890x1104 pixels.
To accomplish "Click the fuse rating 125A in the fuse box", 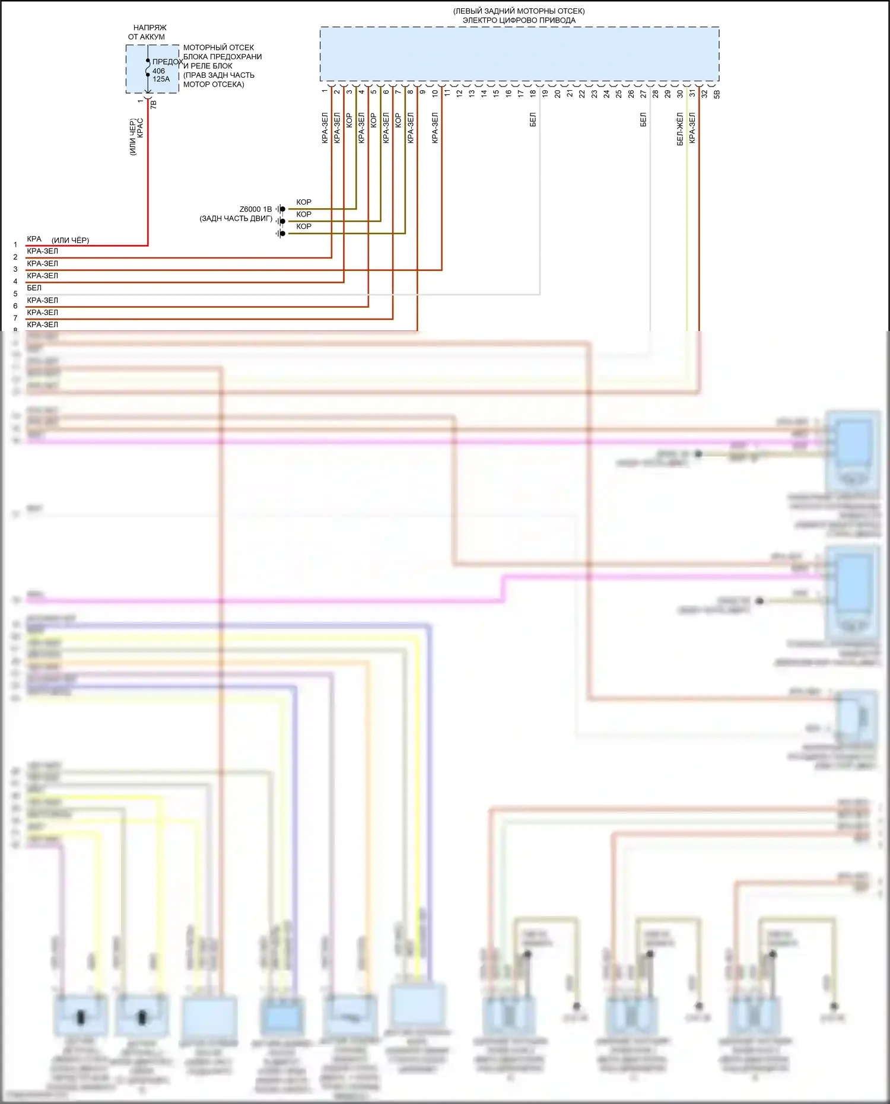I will point(161,79).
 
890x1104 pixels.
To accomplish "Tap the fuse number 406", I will point(158,71).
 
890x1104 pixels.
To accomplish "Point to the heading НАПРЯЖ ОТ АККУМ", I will point(149,32).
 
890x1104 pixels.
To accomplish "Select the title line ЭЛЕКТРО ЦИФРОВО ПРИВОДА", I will point(519,20).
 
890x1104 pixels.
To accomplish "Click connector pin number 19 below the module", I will point(545,93).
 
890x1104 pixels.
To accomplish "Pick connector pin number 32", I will point(704,93).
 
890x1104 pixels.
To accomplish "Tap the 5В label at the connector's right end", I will point(717,93).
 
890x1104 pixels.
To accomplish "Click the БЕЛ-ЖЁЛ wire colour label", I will point(680,129).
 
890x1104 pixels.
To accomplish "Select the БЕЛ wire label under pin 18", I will point(533,120).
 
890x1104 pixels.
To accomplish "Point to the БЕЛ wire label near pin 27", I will point(643,120).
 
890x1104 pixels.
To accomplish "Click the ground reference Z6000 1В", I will point(255,209).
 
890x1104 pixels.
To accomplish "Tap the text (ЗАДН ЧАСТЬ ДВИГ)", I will point(236,219).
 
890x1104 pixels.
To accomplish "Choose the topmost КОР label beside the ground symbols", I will point(304,202).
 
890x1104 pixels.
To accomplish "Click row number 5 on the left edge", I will point(15,294).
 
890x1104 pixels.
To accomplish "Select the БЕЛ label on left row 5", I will point(34,288).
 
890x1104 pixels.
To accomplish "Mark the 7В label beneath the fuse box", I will point(154,104).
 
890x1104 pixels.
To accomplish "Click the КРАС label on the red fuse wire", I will point(141,129).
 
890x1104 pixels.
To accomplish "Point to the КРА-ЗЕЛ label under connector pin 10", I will point(435,128).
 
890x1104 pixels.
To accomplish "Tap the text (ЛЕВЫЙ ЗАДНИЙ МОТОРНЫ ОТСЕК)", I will point(519,11).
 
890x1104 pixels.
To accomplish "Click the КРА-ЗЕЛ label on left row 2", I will point(43,252).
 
